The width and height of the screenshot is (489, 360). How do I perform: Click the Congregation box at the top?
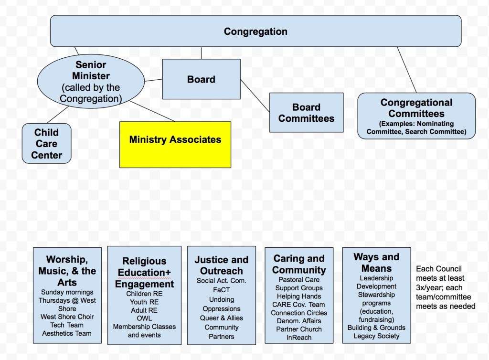point(255,32)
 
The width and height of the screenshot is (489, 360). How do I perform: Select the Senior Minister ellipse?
point(91,82)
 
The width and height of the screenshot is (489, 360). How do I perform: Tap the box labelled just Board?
point(201,79)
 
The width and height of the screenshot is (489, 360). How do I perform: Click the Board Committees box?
point(306,113)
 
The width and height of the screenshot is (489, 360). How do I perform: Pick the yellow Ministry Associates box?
point(175,139)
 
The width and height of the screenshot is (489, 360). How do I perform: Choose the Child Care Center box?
point(46,143)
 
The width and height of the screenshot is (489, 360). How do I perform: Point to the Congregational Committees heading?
point(416,108)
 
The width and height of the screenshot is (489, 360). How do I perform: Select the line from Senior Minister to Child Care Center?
point(59,115)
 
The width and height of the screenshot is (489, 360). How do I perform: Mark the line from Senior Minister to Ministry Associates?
point(153,111)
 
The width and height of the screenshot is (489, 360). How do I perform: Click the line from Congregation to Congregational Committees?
point(406,70)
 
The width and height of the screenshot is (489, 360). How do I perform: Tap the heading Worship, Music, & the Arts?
point(67,271)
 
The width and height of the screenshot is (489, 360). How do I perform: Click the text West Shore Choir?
point(67,317)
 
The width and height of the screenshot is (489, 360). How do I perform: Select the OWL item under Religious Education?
point(144,318)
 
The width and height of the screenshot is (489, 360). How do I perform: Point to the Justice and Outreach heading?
point(221,265)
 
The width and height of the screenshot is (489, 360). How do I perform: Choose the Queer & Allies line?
point(221,318)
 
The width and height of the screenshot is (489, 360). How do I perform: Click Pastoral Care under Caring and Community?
point(299,280)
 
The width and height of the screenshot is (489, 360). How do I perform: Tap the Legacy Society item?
point(376,336)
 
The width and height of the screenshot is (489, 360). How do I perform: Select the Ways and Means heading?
point(376,263)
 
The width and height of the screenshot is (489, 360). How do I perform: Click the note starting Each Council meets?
point(445,287)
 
